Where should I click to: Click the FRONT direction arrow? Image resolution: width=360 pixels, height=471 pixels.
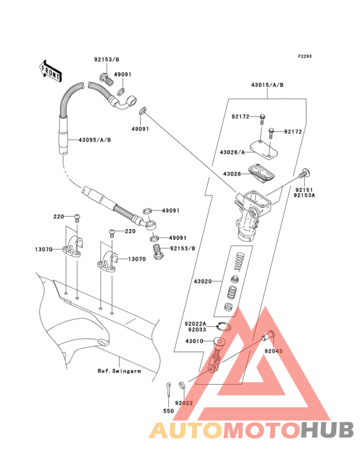click(50, 71)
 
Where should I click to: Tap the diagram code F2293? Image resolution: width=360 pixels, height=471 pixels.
click(305, 56)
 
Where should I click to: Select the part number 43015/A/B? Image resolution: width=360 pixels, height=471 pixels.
click(267, 85)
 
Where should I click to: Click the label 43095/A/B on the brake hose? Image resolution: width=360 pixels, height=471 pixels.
click(94, 140)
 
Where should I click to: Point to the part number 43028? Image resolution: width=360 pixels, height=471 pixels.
click(232, 174)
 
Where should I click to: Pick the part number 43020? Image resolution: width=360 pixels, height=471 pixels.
click(203, 281)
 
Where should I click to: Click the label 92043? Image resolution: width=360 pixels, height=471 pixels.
click(273, 351)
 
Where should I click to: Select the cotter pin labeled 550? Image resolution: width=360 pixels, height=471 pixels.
click(168, 391)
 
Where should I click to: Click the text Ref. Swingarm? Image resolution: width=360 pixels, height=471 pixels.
click(120, 371)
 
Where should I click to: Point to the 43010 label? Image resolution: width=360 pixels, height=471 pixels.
click(194, 341)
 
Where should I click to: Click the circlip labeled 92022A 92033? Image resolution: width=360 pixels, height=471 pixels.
click(224, 326)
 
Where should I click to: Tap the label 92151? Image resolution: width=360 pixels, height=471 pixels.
click(304, 190)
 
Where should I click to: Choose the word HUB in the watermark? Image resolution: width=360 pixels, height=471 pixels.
click(327, 430)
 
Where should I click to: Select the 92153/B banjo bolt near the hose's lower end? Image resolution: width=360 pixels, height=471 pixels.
click(157, 252)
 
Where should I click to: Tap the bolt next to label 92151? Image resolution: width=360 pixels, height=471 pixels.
click(305, 173)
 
